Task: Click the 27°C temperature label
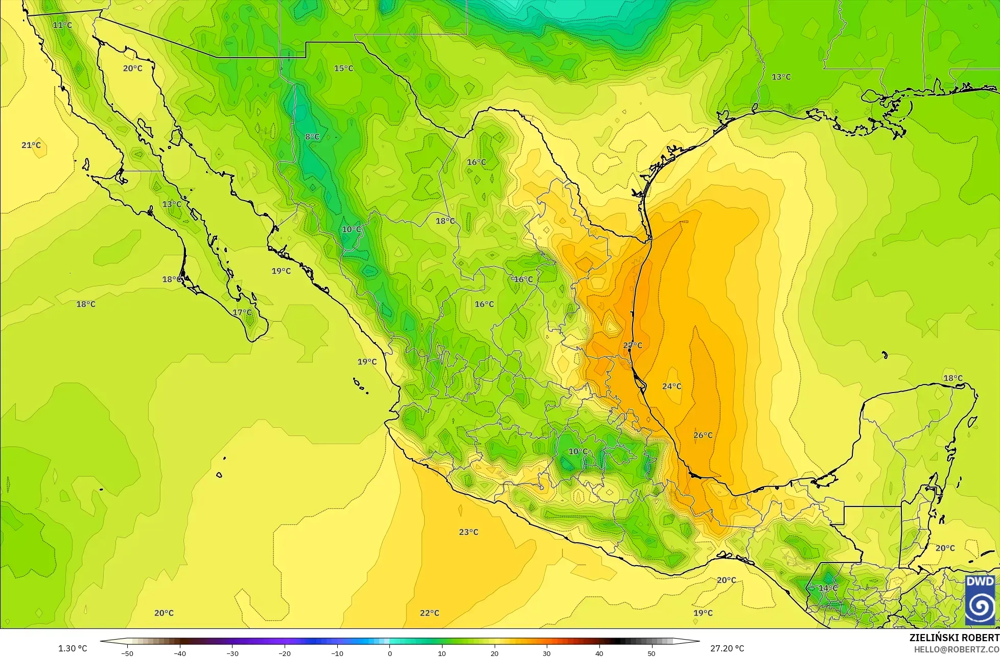pyautogui.click(x=633, y=346)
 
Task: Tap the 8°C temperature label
pyautogui.click(x=312, y=137)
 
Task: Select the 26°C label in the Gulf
pyautogui.click(x=703, y=435)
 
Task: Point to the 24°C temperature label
pyautogui.click(x=671, y=386)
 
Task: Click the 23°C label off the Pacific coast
pyautogui.click(x=468, y=532)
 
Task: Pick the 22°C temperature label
pyautogui.click(x=429, y=613)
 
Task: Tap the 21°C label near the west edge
pyautogui.click(x=31, y=145)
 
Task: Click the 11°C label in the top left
pyautogui.click(x=62, y=25)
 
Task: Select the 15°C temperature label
pyautogui.click(x=343, y=68)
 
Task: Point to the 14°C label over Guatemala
pyautogui.click(x=828, y=588)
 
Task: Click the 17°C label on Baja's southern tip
pyautogui.click(x=242, y=312)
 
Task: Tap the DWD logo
pyautogui.click(x=980, y=600)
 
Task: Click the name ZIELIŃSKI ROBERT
pyautogui.click(x=954, y=638)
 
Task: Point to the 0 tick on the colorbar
pyautogui.click(x=389, y=653)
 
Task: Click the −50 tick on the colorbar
pyautogui.click(x=127, y=653)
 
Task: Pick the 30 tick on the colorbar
pyautogui.click(x=547, y=653)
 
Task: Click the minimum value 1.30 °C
pyautogui.click(x=73, y=648)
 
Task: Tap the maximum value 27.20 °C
pyautogui.click(x=727, y=648)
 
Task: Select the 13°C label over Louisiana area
pyautogui.click(x=781, y=77)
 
